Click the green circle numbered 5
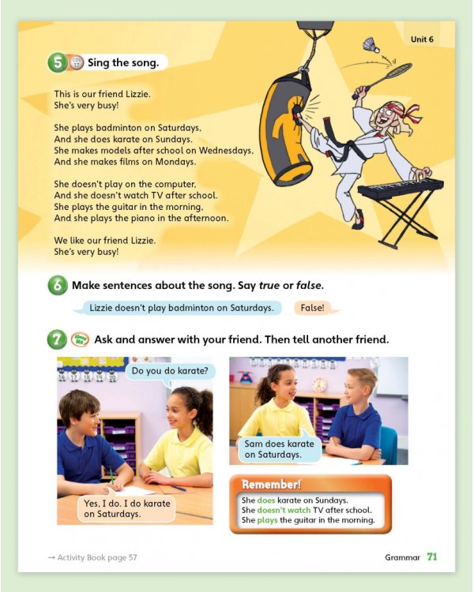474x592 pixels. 58,62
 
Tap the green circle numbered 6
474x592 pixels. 58,285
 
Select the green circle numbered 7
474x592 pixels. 57,339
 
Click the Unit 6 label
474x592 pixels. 422,39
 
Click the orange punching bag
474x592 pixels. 286,129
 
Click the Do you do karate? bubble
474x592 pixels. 170,371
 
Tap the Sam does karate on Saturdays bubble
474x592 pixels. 279,449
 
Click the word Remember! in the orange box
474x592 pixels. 271,485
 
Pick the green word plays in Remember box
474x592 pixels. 267,520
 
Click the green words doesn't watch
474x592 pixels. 284,510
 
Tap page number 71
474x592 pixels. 432,557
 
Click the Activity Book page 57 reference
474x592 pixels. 92,557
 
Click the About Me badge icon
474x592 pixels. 80,339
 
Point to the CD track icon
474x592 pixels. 76,62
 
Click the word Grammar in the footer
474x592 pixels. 403,557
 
